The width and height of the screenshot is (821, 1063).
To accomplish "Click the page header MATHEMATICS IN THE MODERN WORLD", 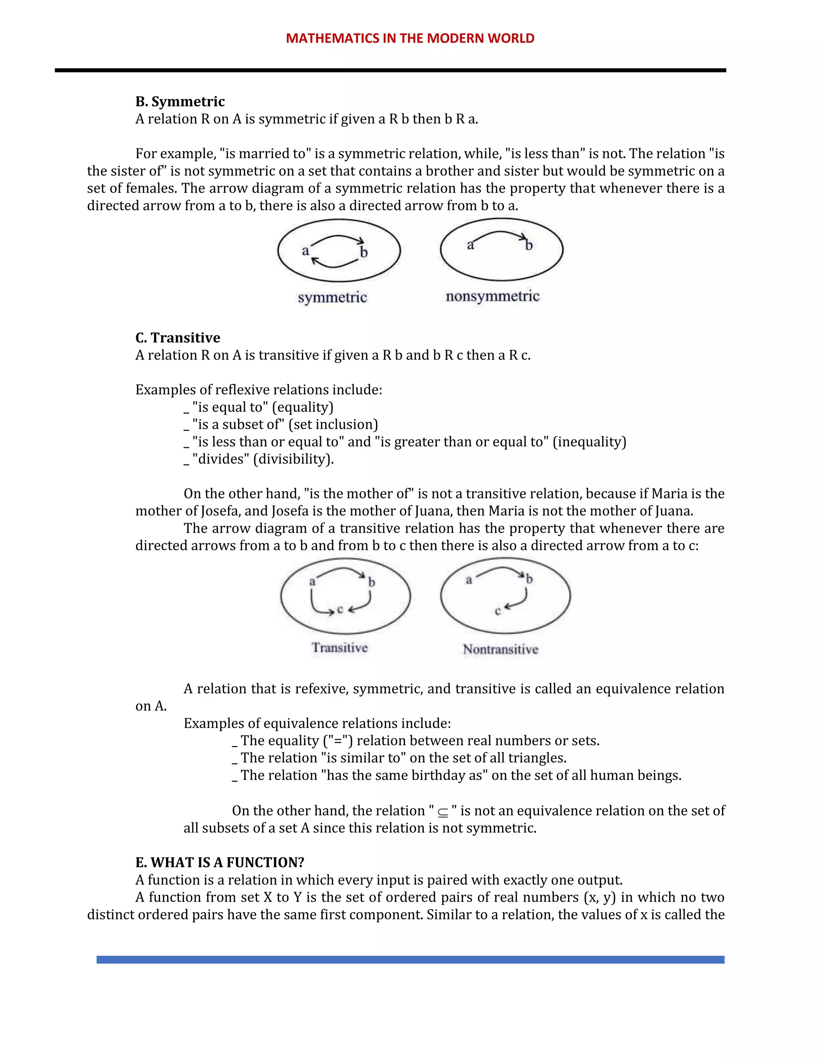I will click(410, 39).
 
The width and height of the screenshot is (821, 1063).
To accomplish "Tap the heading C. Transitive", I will click(178, 337).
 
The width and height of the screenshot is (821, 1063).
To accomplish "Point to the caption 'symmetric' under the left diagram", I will click(332, 297).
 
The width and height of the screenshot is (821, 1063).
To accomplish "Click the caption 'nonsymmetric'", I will click(492, 296).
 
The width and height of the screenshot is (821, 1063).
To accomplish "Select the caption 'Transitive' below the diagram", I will click(340, 647).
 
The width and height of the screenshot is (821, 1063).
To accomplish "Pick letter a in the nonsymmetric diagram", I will click(470, 245).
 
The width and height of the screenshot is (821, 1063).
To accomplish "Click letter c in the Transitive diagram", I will click(340, 609).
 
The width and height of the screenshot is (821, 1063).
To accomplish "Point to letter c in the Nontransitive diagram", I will click(497, 611).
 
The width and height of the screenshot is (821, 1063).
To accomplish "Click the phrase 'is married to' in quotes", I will click(265, 153).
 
